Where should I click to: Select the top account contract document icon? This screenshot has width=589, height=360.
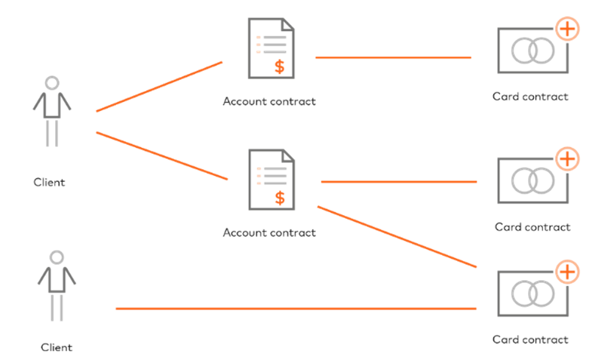pos(271,48)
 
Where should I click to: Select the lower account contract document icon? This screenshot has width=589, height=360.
pos(271,179)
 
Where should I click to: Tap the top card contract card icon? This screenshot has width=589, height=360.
pos(532,51)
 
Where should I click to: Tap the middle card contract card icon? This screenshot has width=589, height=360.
pos(532,180)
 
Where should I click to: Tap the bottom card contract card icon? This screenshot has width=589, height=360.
pos(532,294)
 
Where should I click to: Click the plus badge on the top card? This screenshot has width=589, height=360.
pos(567,29)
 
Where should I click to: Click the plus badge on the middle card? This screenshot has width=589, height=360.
pos(567,159)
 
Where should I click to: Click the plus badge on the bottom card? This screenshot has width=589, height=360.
pos(567,272)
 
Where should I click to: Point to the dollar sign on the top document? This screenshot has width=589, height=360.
pos(280,66)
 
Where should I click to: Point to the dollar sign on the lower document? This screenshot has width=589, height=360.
pos(280,198)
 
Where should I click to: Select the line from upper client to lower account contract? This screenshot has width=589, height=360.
pos(161,155)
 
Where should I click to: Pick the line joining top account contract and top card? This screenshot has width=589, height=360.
pos(393,57)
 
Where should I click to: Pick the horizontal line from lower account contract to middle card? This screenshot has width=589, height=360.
pos(399,182)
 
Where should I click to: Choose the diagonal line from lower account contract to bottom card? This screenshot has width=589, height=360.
pos(397,236)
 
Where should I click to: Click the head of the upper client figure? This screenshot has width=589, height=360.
pos(51,83)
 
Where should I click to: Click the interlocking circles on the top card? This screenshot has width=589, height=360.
pos(531,51)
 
